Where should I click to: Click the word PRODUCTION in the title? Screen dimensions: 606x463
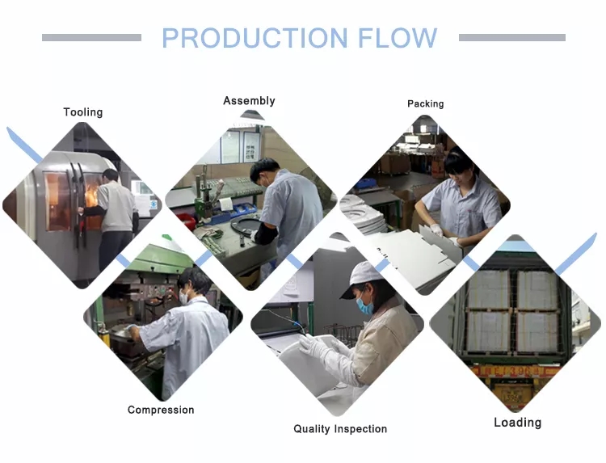(x=255, y=38)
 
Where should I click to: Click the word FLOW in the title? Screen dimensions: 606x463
(x=398, y=38)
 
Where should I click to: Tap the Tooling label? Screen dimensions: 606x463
(x=83, y=112)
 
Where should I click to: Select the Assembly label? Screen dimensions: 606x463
(x=250, y=101)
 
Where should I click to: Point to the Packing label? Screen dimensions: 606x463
(x=426, y=104)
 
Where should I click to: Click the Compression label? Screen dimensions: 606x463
(x=161, y=410)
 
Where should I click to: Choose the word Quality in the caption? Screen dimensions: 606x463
(x=312, y=429)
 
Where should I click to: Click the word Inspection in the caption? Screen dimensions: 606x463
(x=360, y=429)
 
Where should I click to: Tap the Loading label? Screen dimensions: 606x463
(x=517, y=423)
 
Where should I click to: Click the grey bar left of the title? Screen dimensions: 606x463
(x=91, y=37)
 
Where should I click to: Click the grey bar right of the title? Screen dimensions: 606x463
(x=512, y=37)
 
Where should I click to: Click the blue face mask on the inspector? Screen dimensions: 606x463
(x=364, y=305)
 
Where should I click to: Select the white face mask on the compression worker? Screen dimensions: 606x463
(x=183, y=297)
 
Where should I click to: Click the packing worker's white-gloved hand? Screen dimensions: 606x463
(x=436, y=230)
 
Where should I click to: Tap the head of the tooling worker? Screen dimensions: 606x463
(x=111, y=176)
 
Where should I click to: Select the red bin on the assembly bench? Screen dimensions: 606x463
(x=187, y=221)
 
